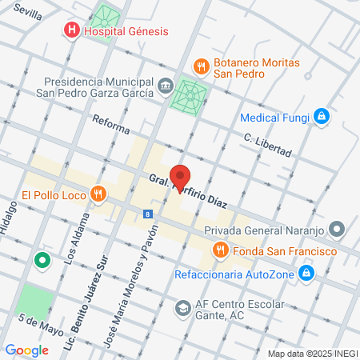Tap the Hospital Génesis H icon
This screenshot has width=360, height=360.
point(72,31)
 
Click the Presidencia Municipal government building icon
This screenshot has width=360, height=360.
point(165,86)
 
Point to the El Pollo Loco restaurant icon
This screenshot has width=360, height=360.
point(98,194)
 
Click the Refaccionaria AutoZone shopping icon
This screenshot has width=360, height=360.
point(306,274)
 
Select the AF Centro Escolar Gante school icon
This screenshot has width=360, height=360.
point(184,307)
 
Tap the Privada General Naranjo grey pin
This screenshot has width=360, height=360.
point(338,230)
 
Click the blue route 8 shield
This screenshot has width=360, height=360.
point(148,214)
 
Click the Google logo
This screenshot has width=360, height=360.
point(27,350)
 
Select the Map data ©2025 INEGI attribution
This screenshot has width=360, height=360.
point(312,354)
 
